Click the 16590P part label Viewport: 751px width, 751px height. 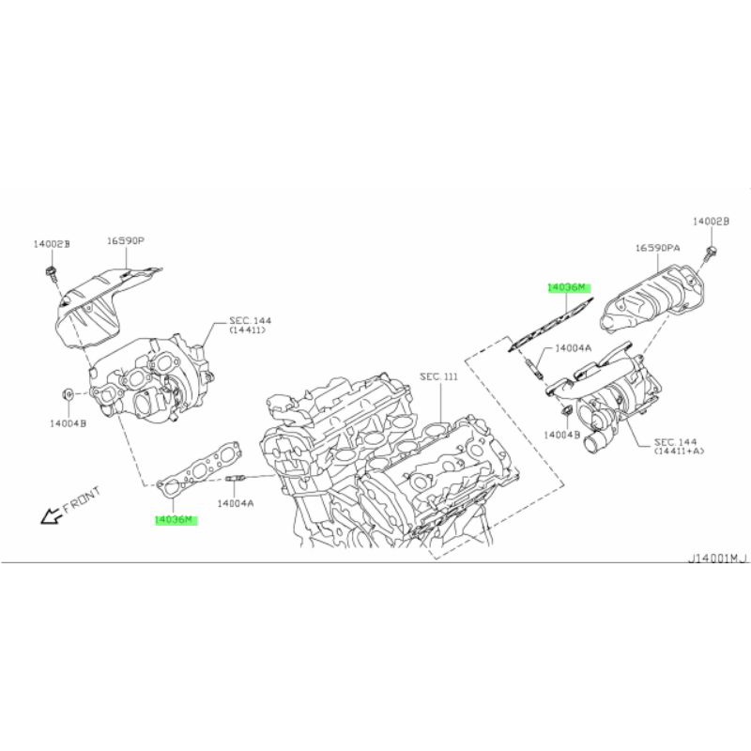tap(125, 240)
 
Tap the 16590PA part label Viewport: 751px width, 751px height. tap(658, 248)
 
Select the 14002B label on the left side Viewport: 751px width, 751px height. tap(52, 244)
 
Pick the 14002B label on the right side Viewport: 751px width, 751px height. tap(711, 222)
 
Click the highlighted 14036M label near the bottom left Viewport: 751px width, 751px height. tap(176, 520)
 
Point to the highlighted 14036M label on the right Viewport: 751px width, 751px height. tap(568, 288)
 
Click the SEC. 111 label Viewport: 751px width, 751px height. tap(438, 377)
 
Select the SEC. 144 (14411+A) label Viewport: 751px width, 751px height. tap(679, 447)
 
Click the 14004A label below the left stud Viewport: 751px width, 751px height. tap(236, 503)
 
